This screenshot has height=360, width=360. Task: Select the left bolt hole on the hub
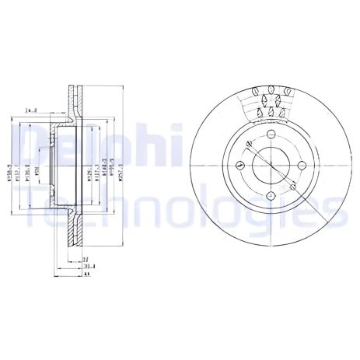point(240,165)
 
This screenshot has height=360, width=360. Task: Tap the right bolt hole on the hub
point(299,165)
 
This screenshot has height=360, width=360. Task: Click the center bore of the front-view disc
point(270,165)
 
